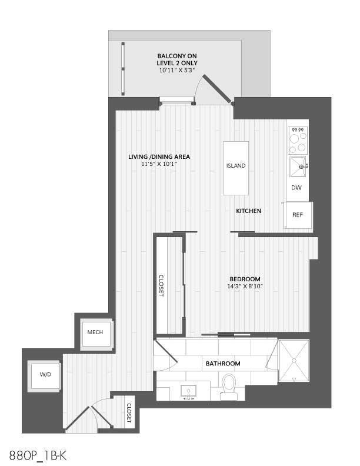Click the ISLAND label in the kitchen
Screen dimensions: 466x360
[235, 166]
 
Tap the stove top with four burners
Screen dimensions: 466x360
[298, 140]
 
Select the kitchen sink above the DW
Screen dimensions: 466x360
[297, 167]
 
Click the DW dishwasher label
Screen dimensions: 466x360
[297, 188]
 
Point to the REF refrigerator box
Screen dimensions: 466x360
[298, 215]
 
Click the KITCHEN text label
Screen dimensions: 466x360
[248, 211]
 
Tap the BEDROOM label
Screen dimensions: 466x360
[245, 279]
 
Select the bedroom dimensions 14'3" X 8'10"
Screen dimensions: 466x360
[245, 287]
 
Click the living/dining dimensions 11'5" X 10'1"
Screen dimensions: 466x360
[159, 164]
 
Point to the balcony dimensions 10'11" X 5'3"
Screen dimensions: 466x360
[176, 71]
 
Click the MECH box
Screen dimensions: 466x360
[95, 332]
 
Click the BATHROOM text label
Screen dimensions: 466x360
[222, 364]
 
